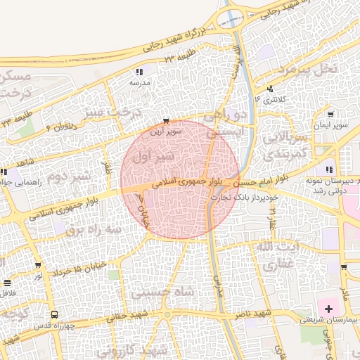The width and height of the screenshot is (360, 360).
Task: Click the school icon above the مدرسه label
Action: pyautogui.click(x=139, y=72)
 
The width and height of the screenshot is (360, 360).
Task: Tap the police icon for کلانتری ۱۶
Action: pyautogui.click(x=271, y=89)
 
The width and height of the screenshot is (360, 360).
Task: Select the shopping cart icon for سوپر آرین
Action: pyautogui.click(x=166, y=121)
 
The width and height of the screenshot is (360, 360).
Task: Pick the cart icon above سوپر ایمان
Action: pyautogui.click(x=330, y=115)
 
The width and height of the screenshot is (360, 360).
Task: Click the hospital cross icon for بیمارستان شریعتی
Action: pyautogui.click(x=328, y=309)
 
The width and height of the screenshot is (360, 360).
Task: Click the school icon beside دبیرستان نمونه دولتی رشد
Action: pyautogui.click(x=328, y=169)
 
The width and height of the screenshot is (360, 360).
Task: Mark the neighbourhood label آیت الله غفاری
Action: pyautogui.click(x=274, y=257)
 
